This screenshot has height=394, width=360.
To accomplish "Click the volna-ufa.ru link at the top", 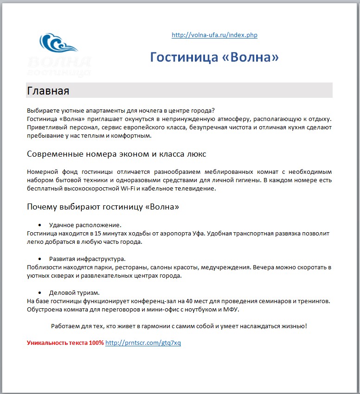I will (214, 35).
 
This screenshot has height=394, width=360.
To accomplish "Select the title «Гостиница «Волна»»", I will (214, 57).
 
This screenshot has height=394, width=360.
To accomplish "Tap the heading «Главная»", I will (48, 90).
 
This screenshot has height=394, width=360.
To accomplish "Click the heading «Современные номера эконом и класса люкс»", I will (116, 154).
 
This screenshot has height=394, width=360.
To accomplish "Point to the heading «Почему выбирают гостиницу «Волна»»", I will (103, 207).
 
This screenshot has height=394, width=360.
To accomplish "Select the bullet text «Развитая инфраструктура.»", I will (87, 259).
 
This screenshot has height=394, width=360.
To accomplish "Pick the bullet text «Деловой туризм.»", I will (74, 292).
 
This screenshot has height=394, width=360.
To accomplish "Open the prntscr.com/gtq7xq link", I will (143, 343).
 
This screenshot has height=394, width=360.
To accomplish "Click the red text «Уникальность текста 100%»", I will (65, 343).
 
